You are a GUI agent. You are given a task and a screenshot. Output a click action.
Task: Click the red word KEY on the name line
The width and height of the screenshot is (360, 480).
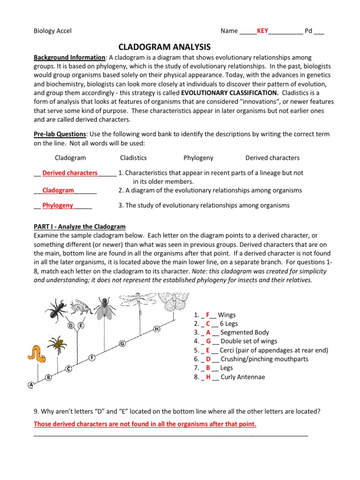click(x=262, y=31)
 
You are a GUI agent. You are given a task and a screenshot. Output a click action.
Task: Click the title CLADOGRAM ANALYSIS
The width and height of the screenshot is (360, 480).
click(x=165, y=47)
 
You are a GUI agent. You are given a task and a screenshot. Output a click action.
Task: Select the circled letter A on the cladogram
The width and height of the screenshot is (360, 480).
click(x=31, y=385)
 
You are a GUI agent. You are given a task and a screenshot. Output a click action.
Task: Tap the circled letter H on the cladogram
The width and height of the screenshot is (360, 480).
click(x=157, y=330)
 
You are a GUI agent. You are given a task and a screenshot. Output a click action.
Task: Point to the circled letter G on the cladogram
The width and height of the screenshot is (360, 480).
click(x=122, y=344)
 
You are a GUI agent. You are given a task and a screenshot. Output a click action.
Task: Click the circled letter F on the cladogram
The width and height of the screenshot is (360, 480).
click(x=92, y=358)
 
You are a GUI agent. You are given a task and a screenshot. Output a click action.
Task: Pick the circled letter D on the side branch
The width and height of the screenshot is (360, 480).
click(x=71, y=325)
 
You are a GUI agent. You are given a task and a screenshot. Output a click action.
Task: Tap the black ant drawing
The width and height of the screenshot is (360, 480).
click(x=56, y=309)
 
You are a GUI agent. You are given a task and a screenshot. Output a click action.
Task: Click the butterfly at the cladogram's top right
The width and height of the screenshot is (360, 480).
click(x=173, y=303)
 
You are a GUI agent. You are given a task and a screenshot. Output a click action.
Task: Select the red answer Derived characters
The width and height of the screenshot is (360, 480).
click(x=70, y=173)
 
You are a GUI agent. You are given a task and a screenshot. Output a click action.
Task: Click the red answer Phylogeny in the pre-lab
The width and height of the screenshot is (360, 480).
click(x=58, y=205)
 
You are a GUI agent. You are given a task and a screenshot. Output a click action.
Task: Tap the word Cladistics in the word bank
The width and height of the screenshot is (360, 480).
click(x=133, y=158)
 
